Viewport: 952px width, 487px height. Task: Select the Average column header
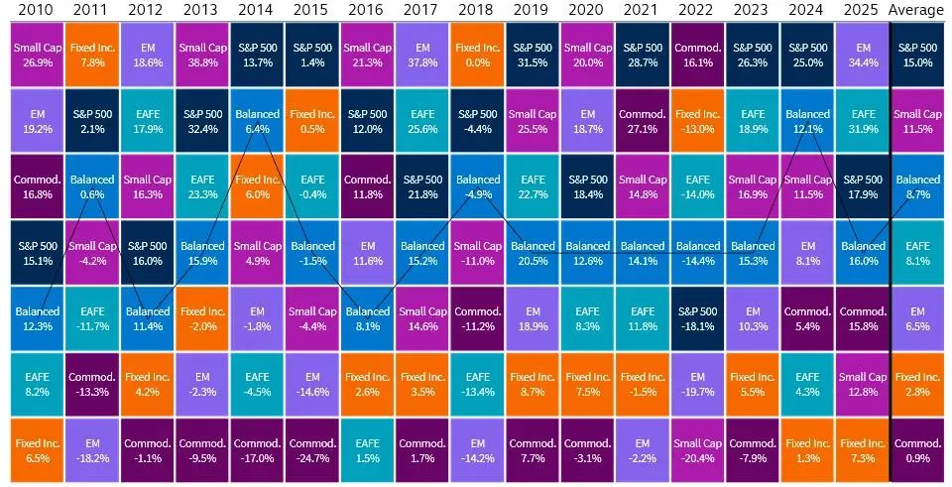point(917,11)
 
